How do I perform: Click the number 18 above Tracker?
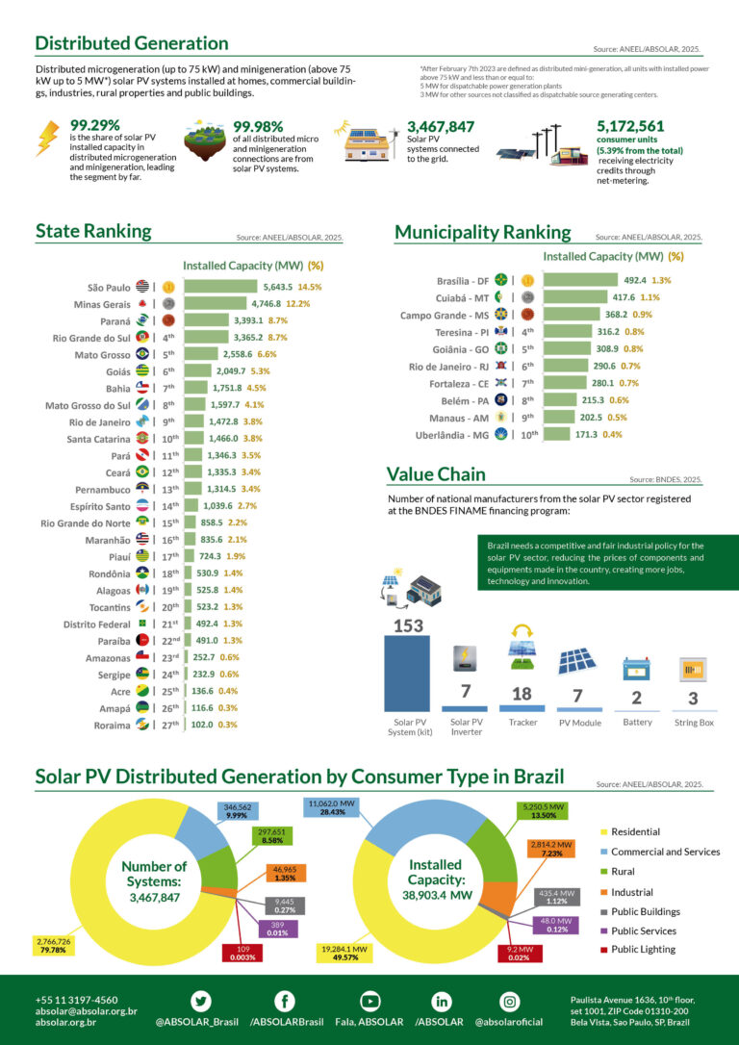522,694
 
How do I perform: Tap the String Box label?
694,723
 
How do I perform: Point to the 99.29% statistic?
95,125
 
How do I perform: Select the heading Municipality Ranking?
482,232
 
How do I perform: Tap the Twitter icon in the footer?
201,1000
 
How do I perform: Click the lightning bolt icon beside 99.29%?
46,138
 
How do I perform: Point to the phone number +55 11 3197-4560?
77,1000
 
